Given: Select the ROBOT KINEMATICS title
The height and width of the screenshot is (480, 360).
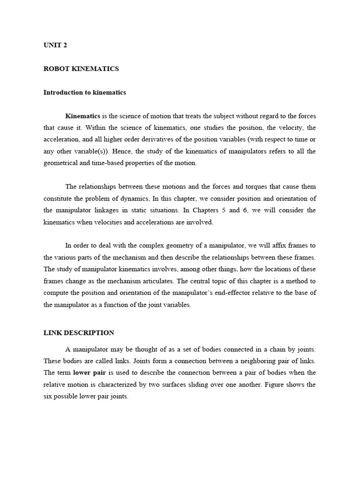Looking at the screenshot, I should [x=81, y=69].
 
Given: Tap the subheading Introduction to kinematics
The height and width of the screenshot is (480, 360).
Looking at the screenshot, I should [x=85, y=93].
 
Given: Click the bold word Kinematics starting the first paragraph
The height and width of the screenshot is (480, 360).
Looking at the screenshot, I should [x=83, y=116].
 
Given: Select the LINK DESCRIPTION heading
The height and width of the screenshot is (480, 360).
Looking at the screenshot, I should [x=79, y=333].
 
